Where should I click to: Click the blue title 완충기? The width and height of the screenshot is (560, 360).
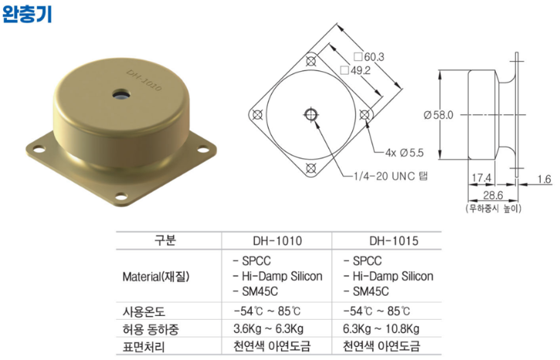(x=27, y=15)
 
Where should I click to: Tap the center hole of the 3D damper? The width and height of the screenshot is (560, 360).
(x=120, y=95)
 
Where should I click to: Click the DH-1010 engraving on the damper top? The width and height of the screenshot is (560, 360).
(x=144, y=80)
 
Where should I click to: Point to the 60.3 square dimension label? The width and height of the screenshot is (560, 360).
(x=369, y=57)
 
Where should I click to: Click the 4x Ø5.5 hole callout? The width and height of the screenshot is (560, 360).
(x=404, y=153)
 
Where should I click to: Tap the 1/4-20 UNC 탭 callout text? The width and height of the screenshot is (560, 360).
(x=390, y=176)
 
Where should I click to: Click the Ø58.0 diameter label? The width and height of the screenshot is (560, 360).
(x=438, y=115)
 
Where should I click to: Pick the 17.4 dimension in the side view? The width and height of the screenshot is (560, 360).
(x=481, y=178)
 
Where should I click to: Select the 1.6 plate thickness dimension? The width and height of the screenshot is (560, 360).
(x=545, y=179)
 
